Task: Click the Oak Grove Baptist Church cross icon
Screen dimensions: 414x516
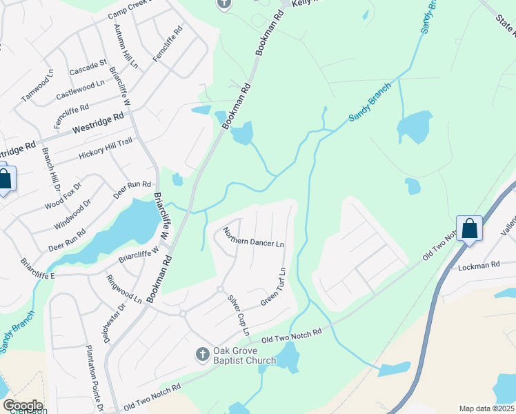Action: pyautogui.click(x=202, y=354)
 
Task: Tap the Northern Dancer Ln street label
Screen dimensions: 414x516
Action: pyautogui.click(x=254, y=237)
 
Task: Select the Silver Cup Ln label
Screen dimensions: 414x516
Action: pyautogui.click(x=238, y=315)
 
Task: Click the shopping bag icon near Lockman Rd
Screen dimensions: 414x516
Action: pyautogui.click(x=469, y=228)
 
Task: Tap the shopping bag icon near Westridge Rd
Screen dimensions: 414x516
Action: pyautogui.click(x=3, y=179)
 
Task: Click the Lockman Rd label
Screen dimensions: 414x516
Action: pyautogui.click(x=478, y=265)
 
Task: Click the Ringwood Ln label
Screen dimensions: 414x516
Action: pyautogui.click(x=123, y=288)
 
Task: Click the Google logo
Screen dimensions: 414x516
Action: pyautogui.click(x=23, y=406)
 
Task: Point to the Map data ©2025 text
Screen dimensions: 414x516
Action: pyautogui.click(x=486, y=408)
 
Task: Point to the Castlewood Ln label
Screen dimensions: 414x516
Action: pyautogui.click(x=80, y=87)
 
